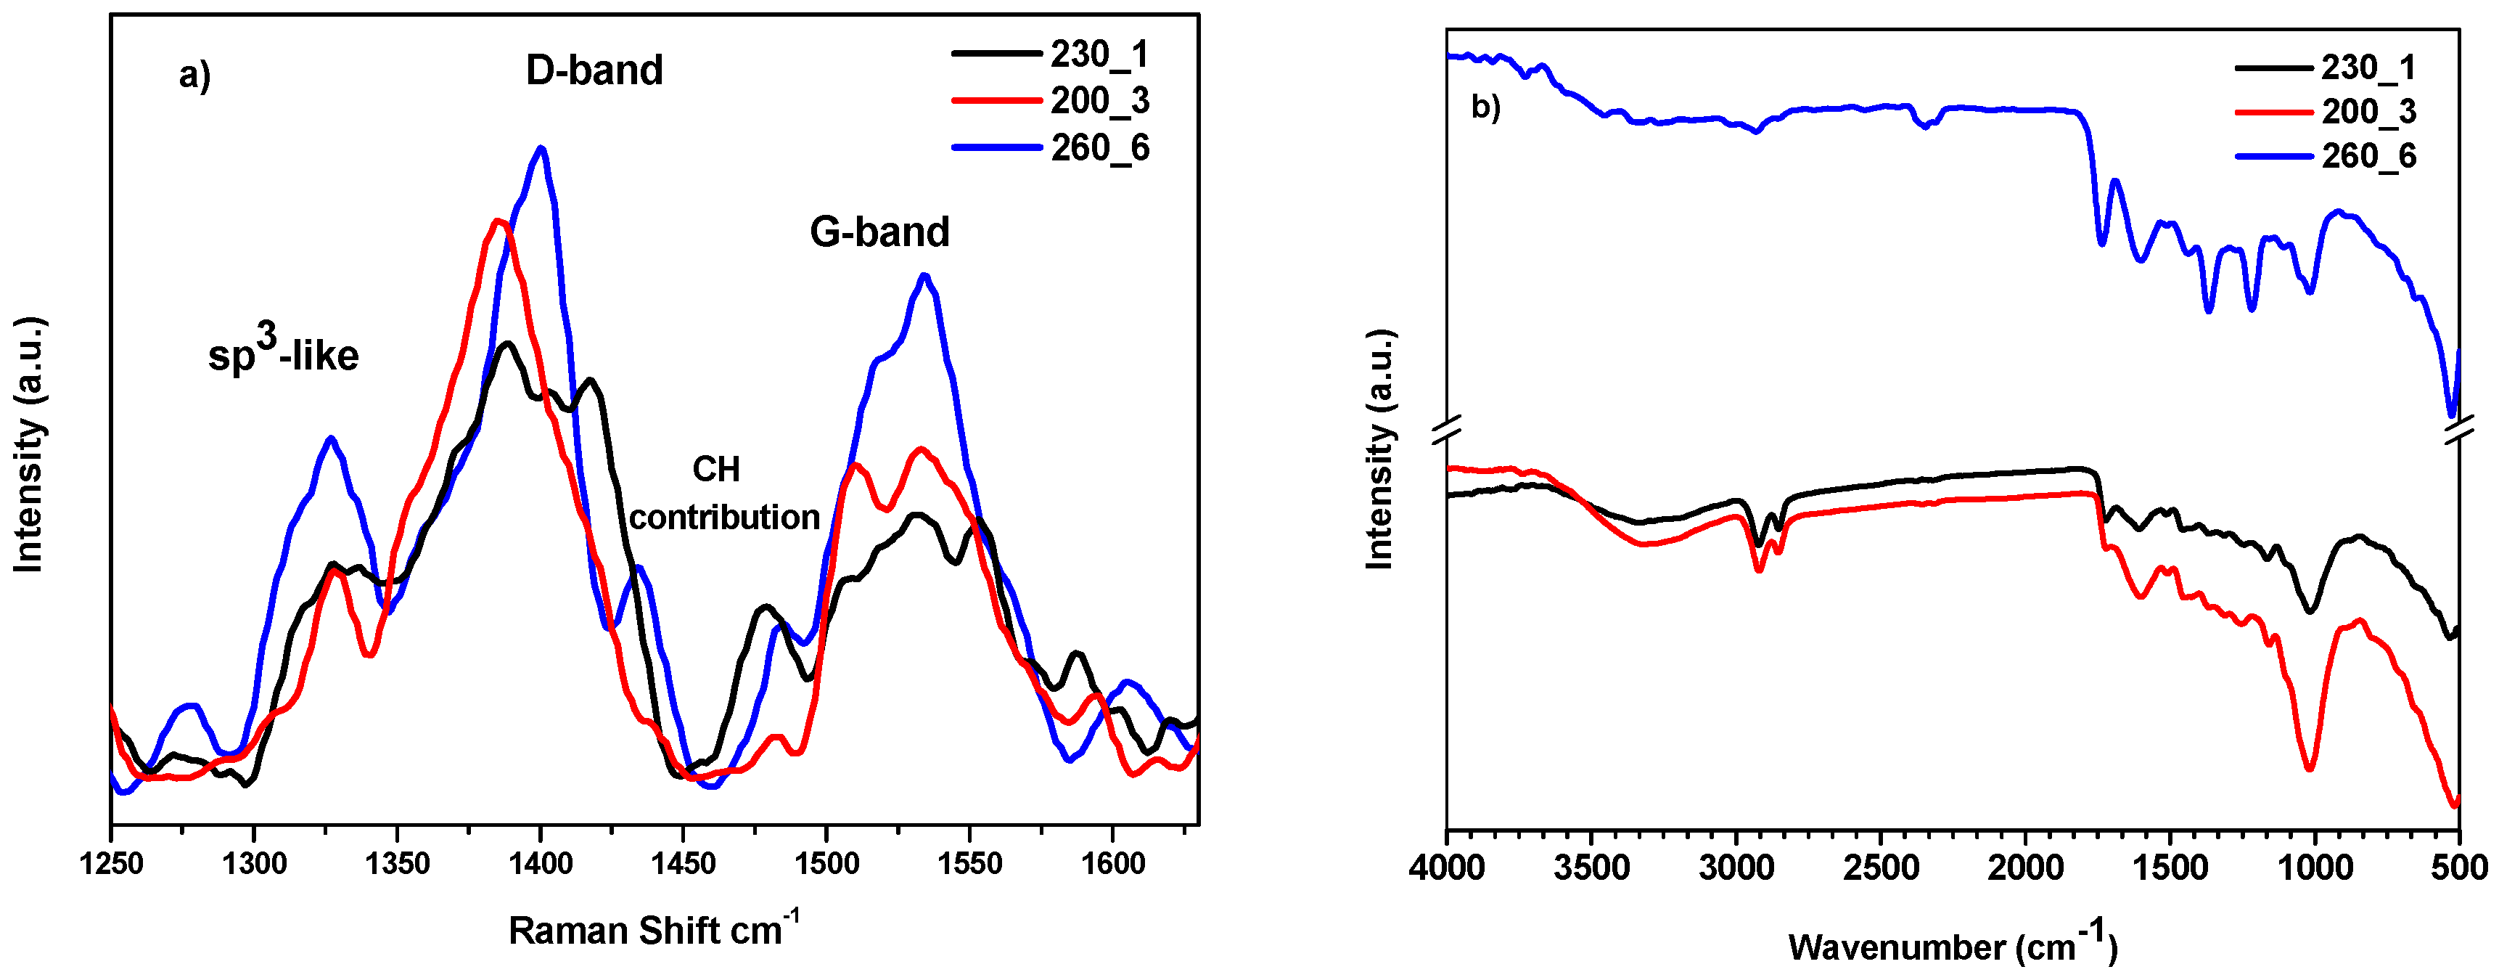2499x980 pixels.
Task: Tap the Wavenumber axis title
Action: pyautogui.click(x=1952, y=944)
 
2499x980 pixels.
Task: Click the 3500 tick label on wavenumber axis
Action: pyautogui.click(x=1591, y=867)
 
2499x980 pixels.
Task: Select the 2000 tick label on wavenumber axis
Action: pyautogui.click(x=2024, y=867)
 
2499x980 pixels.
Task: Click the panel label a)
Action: pyautogui.click(x=194, y=75)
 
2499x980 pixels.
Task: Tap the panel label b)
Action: pyautogui.click(x=1485, y=107)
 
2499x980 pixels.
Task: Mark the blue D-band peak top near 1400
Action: pyautogui.click(x=541, y=149)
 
